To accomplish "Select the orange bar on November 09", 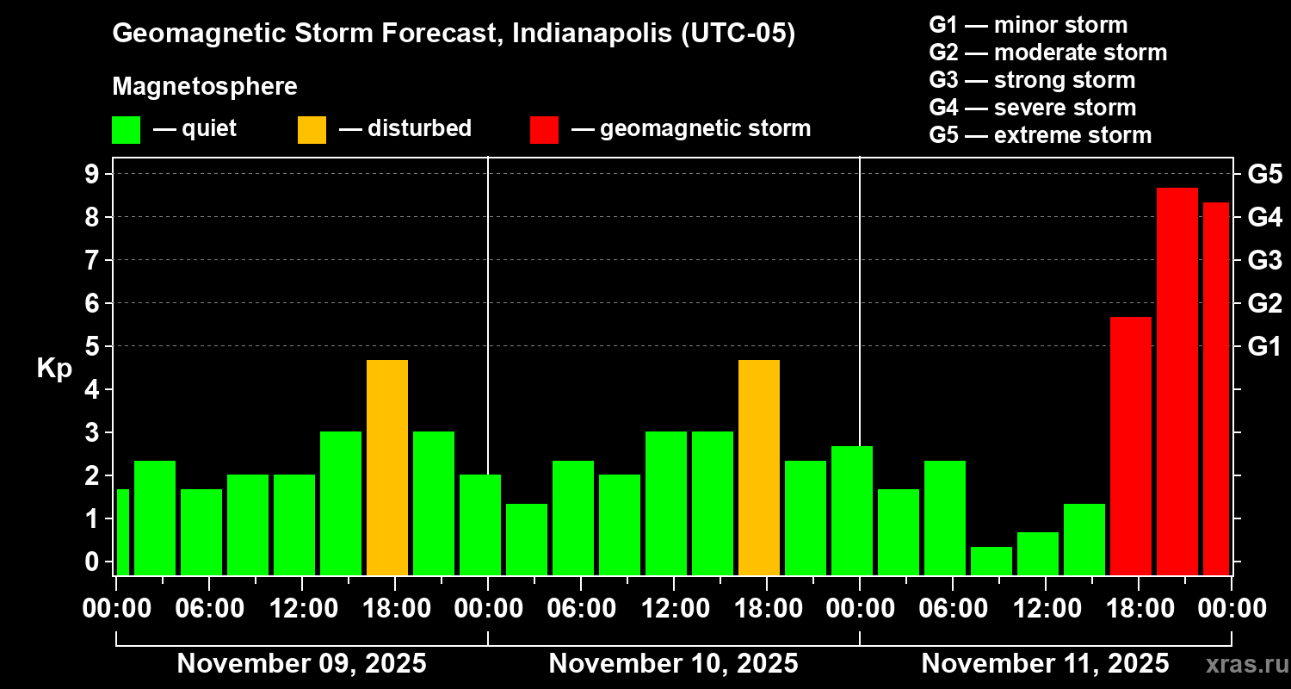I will click(x=386, y=467).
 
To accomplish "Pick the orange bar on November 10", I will click(x=758, y=467).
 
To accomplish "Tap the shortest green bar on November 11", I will click(x=991, y=561).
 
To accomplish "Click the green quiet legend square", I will click(x=126, y=130).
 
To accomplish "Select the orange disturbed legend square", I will click(x=312, y=130).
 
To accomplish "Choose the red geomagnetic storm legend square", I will click(x=544, y=130).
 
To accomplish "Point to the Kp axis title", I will click(x=54, y=368).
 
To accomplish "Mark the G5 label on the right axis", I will click(x=1264, y=174).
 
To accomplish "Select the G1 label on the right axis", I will click(x=1264, y=346).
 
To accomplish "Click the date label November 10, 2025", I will click(x=673, y=663).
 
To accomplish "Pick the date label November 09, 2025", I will click(x=301, y=663).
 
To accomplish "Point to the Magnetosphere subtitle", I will click(x=205, y=87).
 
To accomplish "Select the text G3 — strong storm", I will click(x=1032, y=80).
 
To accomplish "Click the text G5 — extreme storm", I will click(x=1040, y=135).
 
